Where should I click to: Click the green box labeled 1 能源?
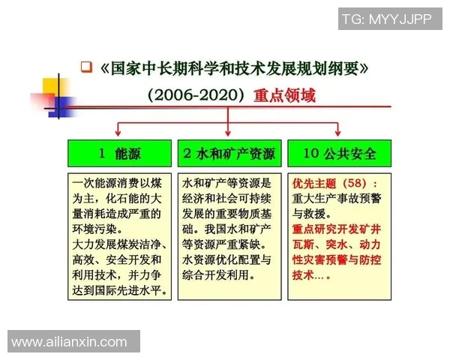tap(119, 153)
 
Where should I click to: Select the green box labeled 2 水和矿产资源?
tap(229, 153)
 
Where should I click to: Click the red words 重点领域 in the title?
tap(284, 96)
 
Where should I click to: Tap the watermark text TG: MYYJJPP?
tap(386, 19)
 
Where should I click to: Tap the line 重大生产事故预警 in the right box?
tap(336, 199)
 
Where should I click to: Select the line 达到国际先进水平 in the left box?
tap(119, 290)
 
